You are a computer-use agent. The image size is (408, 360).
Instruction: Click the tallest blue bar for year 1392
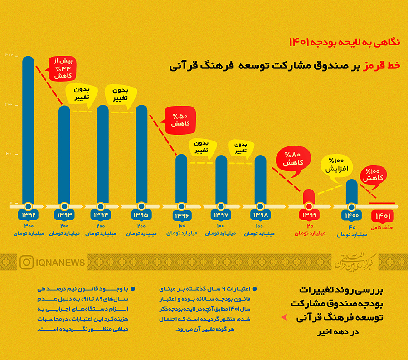(28, 129)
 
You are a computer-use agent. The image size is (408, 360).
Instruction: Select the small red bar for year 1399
(309, 196)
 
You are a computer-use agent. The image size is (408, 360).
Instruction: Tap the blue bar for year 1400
(351, 191)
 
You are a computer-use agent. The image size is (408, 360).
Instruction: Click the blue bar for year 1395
(141, 154)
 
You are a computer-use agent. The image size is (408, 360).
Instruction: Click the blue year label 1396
(181, 215)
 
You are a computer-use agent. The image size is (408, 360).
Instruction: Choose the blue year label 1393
(64, 214)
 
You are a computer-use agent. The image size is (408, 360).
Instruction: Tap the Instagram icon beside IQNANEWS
(26, 262)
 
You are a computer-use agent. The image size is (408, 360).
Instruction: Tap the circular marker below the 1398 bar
(260, 205)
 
